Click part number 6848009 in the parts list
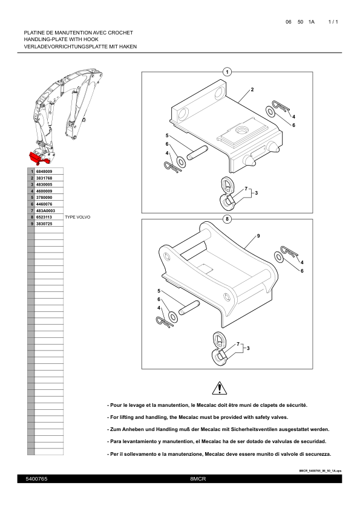44,172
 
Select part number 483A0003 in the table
45,211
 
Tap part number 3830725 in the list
44,224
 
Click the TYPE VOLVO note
77,217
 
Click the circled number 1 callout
227,72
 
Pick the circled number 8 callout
227,219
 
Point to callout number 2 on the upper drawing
252,89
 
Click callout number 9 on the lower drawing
258,236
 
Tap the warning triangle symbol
220,388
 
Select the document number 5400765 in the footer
36,479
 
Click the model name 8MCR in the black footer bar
198,479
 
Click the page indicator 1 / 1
333,22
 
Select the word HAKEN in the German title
128,47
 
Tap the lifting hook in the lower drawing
218,349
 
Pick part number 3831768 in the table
44,178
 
